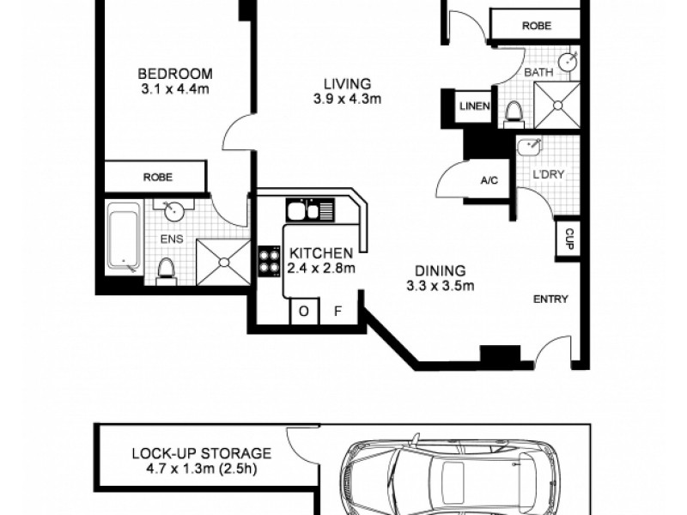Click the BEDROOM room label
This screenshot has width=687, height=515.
coord(175,74)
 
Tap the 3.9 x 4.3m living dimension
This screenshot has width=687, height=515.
coord(348,99)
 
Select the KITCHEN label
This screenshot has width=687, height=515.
coord(321,253)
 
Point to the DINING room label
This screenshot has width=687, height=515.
coord(441,270)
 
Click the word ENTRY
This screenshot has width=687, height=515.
coord(550,299)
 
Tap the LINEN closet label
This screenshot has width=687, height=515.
coord(475,106)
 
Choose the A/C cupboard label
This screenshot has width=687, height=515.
coord(489,180)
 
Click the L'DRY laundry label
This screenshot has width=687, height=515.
coord(548,174)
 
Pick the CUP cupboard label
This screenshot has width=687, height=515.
coord(569,239)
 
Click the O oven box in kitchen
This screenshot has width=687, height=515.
coord(304,312)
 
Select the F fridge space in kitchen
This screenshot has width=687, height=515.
coord(337,312)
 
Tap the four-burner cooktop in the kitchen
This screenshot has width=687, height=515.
coord(269,261)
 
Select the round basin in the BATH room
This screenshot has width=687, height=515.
coord(569,61)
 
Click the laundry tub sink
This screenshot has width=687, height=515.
coord(529,146)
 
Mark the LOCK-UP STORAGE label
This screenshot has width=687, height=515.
coord(202,453)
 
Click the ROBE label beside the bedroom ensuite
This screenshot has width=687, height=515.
coord(158,177)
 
